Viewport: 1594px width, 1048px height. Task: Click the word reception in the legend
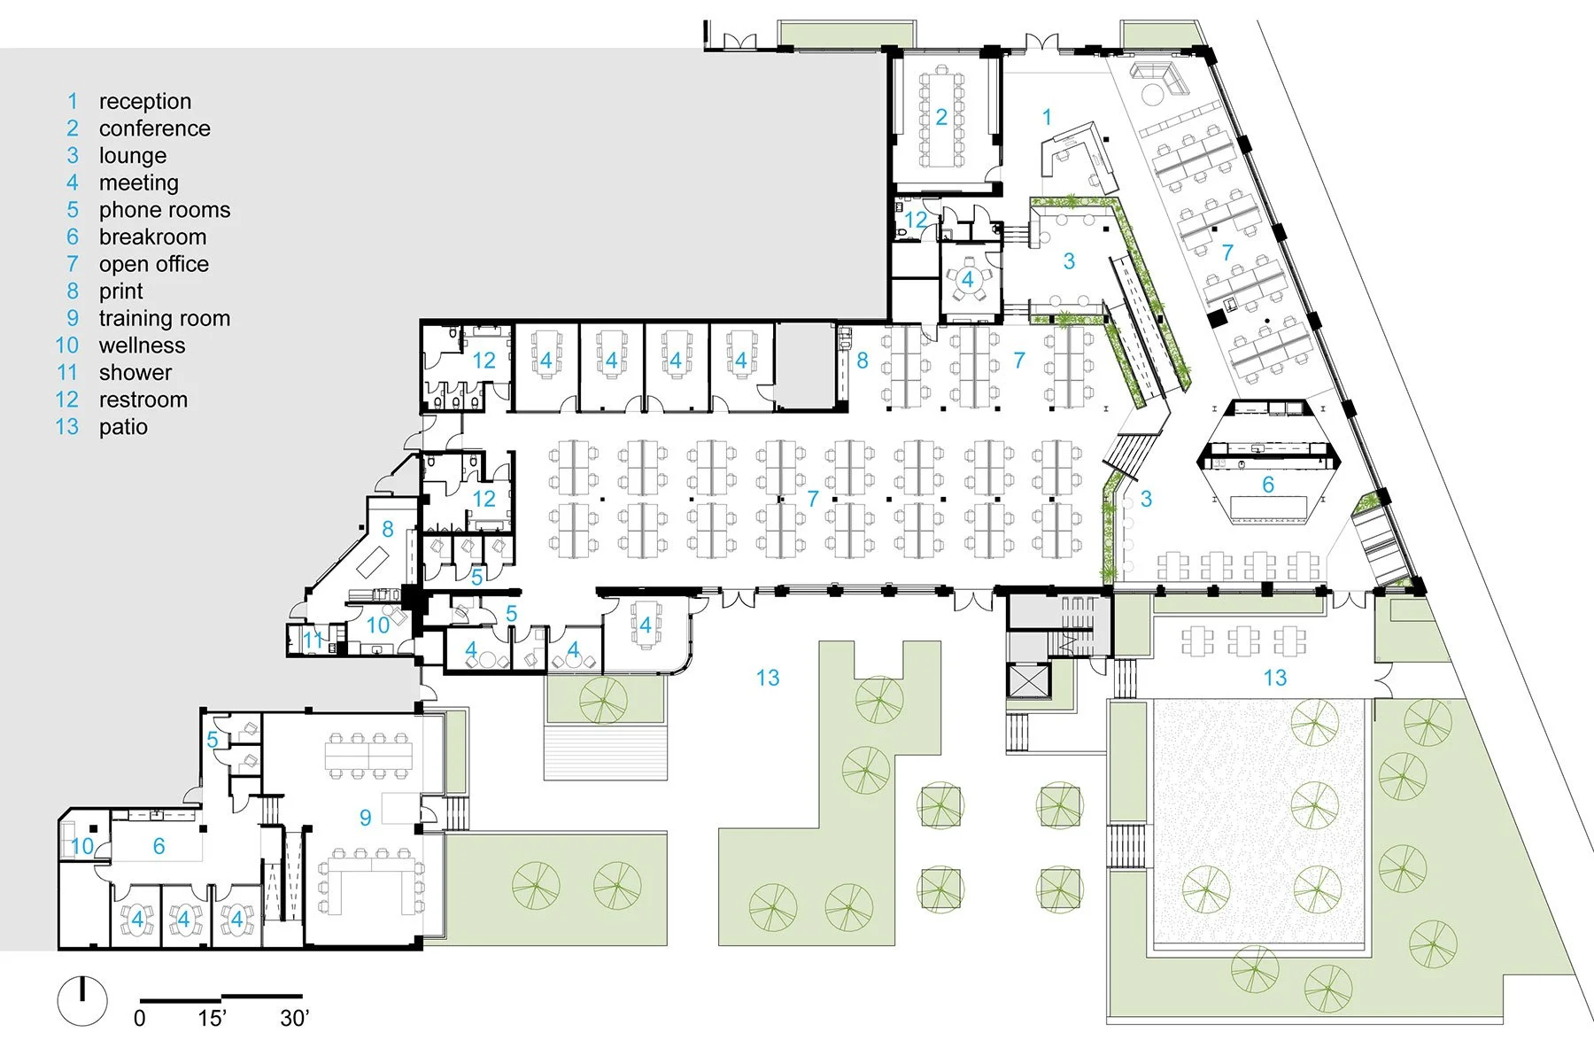[144, 101]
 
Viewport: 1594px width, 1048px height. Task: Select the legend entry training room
[164, 318]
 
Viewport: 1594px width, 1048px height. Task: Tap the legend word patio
[123, 426]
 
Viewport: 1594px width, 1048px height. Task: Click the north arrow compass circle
[82, 1002]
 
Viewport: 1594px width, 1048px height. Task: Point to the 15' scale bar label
[212, 1018]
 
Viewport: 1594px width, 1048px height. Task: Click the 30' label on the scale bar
[294, 1018]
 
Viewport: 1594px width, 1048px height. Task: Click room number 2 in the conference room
[941, 116]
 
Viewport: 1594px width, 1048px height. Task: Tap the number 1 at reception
[1047, 116]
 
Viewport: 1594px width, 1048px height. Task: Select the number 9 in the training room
[365, 817]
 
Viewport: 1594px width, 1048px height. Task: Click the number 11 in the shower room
[313, 640]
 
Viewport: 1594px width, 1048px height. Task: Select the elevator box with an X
[1027, 679]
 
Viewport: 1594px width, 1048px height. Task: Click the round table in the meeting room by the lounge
[967, 280]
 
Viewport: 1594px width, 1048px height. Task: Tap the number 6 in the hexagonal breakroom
[1267, 485]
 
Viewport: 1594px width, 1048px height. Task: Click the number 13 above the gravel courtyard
[1274, 678]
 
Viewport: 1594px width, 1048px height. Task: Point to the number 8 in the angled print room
[387, 529]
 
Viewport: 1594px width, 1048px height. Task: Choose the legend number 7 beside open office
[73, 264]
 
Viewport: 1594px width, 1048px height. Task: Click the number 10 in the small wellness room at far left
[81, 846]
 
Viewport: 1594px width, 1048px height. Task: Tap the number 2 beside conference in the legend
[73, 128]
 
